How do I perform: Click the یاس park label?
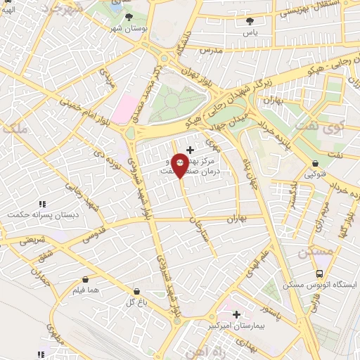(250, 32)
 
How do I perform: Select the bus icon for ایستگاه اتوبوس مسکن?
(320, 273)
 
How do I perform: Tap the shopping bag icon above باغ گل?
(135, 290)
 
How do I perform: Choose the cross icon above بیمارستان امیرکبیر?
(236, 314)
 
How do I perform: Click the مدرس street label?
(210, 51)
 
